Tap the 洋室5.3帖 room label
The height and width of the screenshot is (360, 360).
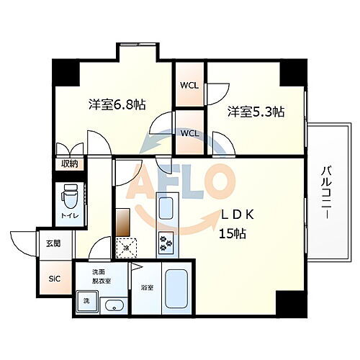[256, 112]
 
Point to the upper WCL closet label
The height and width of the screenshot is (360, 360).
[190, 86]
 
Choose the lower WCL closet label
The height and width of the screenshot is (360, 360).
[190, 133]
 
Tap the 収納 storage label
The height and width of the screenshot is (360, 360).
[69, 164]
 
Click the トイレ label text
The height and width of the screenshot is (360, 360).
[70, 215]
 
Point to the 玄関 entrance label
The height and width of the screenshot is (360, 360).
[55, 243]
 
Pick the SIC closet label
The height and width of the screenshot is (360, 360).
[54, 279]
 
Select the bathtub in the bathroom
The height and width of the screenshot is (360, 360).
[176, 292]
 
